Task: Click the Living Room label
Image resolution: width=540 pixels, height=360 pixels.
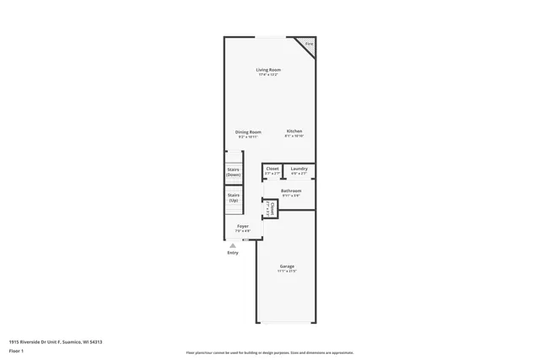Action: (x=269, y=69)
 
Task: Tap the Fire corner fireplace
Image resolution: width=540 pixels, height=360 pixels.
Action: (x=308, y=45)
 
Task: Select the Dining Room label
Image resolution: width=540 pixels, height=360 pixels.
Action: (x=248, y=132)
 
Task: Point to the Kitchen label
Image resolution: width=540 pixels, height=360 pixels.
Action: (x=294, y=132)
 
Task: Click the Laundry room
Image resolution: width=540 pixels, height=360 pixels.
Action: (x=299, y=170)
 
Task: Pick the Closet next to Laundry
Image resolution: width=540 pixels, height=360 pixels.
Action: (x=273, y=170)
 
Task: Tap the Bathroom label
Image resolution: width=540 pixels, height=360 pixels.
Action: (x=292, y=191)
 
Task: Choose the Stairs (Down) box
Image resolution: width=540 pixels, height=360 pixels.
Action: (x=234, y=171)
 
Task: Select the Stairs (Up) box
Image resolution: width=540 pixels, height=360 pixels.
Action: (x=234, y=198)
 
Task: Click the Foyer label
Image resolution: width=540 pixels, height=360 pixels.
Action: (x=243, y=227)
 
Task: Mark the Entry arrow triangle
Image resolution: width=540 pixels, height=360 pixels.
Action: (x=233, y=245)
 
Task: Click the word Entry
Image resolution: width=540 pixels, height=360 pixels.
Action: (x=233, y=253)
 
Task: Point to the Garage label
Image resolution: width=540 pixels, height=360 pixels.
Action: (x=288, y=266)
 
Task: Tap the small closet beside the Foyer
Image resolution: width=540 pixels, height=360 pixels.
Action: (x=270, y=207)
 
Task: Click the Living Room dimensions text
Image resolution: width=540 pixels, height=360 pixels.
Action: (x=269, y=75)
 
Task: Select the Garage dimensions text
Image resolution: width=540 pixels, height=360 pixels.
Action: (x=288, y=271)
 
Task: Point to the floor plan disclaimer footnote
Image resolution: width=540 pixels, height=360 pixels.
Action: (x=270, y=352)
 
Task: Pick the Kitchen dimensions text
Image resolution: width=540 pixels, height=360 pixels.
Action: (x=294, y=137)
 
